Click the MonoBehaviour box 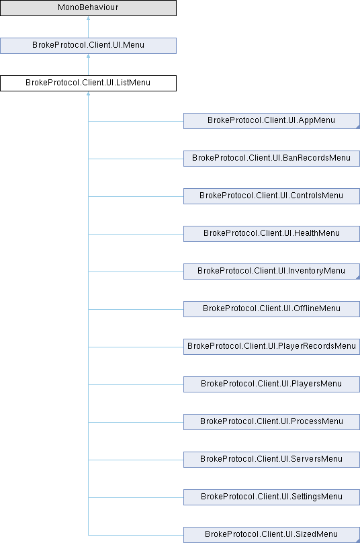point(88,7)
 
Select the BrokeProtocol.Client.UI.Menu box point(88,46)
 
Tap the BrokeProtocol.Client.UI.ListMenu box point(88,83)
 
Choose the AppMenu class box point(271,121)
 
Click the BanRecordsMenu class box point(271,158)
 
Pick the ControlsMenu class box point(271,196)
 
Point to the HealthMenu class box point(271,234)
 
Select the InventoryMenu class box point(271,271)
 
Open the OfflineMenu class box point(271,309)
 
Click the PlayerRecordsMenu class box point(271,347)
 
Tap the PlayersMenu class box point(271,384)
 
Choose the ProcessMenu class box point(271,422)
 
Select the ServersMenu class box point(271,460)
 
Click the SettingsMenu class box point(271,497)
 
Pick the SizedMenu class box point(271,535)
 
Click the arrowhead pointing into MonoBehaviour point(88,18)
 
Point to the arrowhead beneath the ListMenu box point(88,93)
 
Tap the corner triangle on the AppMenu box point(358,127)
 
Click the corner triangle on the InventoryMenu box point(358,278)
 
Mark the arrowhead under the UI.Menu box point(88,56)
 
